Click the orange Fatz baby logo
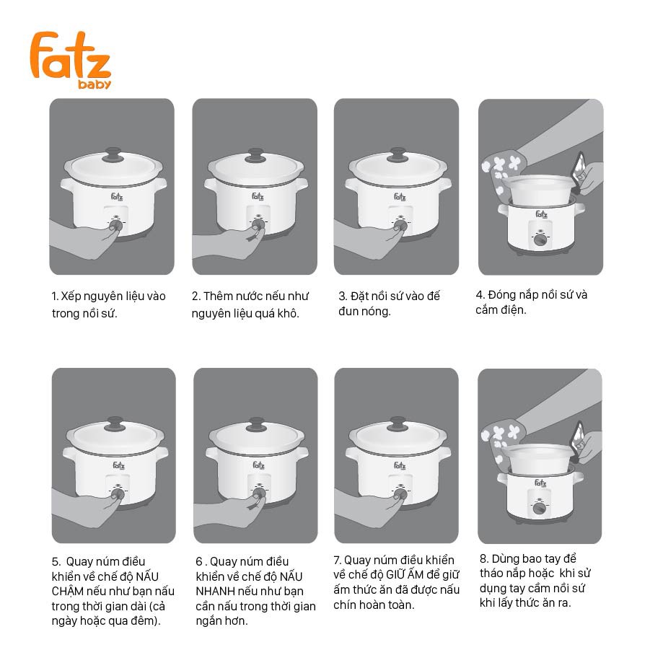[71, 60]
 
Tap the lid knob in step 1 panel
[113, 154]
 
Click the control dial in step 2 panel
[258, 224]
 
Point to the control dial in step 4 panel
[540, 240]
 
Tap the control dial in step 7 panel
[400, 494]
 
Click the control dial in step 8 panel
[539, 508]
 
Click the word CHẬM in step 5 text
[68, 592]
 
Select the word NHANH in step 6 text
[215, 592]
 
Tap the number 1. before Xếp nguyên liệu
[55, 297]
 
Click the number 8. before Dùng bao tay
[484, 559]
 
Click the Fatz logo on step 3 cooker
[400, 196]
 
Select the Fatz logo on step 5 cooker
[118, 465]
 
